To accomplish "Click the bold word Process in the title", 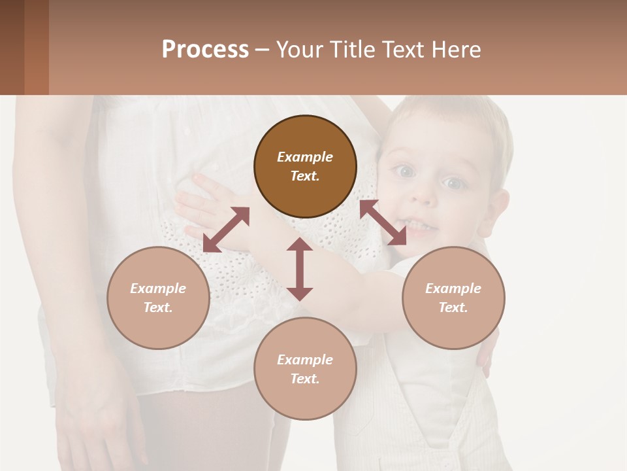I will pyautogui.click(x=205, y=50).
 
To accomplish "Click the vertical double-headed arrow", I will pyautogui.click(x=300, y=269).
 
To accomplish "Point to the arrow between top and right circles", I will pyautogui.click(x=383, y=222).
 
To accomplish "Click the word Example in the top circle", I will pyautogui.click(x=305, y=157).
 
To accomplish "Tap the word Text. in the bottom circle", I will pyautogui.click(x=305, y=379).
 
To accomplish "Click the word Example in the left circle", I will pyautogui.click(x=158, y=288).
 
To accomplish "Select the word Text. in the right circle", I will pyautogui.click(x=453, y=307).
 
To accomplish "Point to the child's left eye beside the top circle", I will pyautogui.click(x=406, y=171).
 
